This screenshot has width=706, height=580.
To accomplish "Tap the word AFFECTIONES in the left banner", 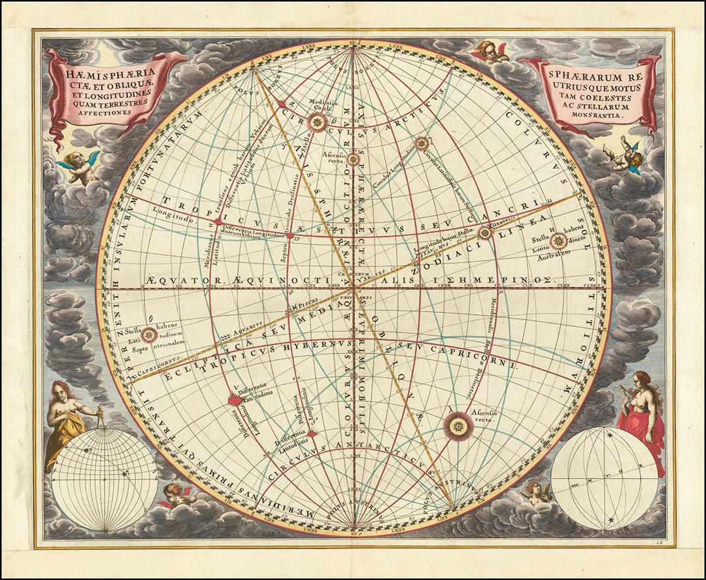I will tap(97, 112).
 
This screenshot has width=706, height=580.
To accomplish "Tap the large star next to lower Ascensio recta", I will tap(458, 426).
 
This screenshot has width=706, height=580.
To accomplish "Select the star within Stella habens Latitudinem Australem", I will tap(558, 241).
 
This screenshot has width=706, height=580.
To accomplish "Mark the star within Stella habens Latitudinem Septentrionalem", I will tap(149, 335).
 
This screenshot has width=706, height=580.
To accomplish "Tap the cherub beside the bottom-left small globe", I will tap(175, 496).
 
